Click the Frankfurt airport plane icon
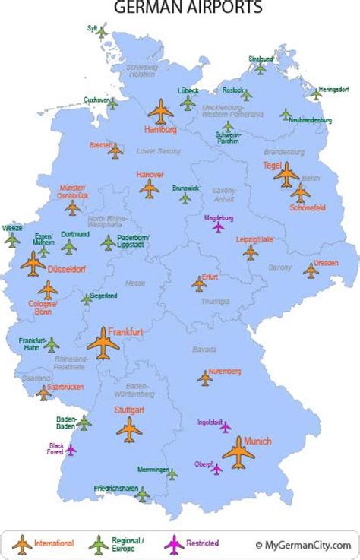(x=103, y=344)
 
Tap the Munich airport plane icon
(x=238, y=454)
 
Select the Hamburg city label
(x=160, y=131)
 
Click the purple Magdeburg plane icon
(x=219, y=226)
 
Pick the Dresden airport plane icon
(x=311, y=271)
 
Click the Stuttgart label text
(x=128, y=410)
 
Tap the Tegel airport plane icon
(x=286, y=176)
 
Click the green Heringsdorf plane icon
(x=316, y=94)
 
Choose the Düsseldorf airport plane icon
(x=33, y=264)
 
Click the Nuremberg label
(x=226, y=371)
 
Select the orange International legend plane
(x=22, y=544)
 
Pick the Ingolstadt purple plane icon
(x=225, y=427)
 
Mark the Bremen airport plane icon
(x=115, y=152)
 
